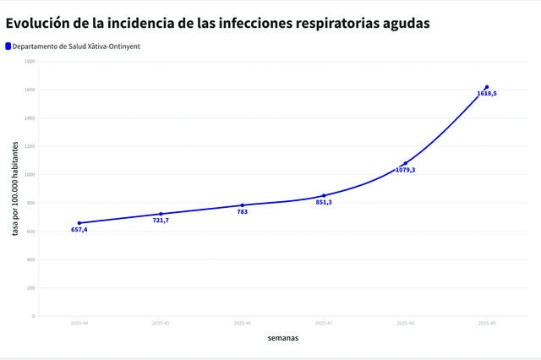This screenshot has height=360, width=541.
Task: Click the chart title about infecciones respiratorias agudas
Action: [218, 23]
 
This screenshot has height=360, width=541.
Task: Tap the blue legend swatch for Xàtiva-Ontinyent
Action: [8, 46]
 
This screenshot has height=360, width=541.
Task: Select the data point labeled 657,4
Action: [79, 223]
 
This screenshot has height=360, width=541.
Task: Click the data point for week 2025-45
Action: [161, 214]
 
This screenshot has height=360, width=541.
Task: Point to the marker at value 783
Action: [243, 205]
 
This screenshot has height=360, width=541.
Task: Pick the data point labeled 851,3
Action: [324, 195]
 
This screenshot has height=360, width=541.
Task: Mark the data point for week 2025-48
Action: [406, 163]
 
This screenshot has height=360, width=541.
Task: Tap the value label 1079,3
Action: [406, 170]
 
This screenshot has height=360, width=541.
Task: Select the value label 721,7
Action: [161, 221]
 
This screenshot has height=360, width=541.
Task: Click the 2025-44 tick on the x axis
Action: [79, 323]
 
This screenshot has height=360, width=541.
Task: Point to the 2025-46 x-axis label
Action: [243, 323]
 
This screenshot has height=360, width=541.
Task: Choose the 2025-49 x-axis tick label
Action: [487, 323]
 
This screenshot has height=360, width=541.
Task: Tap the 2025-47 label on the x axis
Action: [324, 323]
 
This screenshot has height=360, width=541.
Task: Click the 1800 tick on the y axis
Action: [30, 61]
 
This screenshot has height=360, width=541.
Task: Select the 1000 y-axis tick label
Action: [30, 175]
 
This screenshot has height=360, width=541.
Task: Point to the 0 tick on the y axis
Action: [33, 316]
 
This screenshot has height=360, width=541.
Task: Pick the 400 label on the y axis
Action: [31, 259]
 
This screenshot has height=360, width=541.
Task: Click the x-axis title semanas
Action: [282, 338]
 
